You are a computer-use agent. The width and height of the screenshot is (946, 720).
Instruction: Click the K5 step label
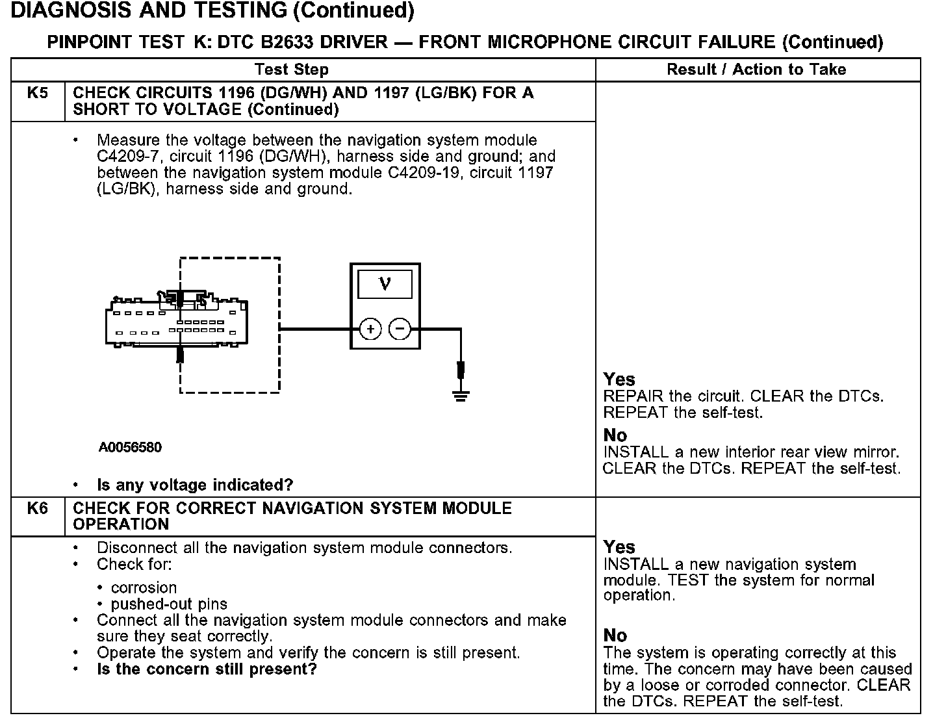click(38, 93)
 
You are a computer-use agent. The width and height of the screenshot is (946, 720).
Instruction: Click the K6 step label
click(38, 508)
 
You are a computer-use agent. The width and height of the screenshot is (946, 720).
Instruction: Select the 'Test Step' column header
click(292, 70)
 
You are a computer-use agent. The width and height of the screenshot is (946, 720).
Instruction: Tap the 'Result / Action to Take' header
click(756, 70)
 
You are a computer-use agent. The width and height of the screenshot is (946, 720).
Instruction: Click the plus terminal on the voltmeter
click(370, 329)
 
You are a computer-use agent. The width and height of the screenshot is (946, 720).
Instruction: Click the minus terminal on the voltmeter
click(400, 329)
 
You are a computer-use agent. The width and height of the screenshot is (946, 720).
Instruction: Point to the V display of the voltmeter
click(385, 284)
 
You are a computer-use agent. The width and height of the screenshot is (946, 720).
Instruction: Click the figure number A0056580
click(131, 447)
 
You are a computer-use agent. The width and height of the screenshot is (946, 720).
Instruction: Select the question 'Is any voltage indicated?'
click(195, 485)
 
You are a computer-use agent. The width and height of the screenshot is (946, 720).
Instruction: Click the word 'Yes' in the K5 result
click(619, 379)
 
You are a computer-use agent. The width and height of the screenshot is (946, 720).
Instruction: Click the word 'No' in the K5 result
click(615, 435)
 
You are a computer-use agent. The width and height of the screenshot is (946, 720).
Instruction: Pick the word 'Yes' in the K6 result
click(619, 546)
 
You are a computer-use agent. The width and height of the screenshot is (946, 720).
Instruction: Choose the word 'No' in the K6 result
click(615, 635)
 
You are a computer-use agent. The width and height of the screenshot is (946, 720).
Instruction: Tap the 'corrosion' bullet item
click(144, 587)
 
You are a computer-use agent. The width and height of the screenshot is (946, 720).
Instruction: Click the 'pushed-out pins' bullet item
click(169, 604)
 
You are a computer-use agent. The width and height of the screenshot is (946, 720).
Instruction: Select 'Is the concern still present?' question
click(207, 669)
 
